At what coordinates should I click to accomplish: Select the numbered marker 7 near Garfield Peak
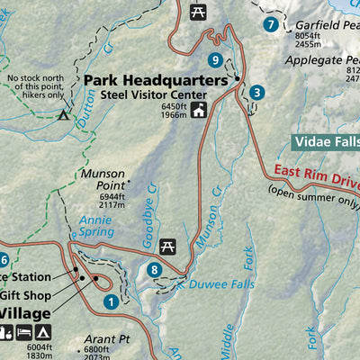click(x=269, y=25)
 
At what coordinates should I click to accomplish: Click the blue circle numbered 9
click(x=214, y=60)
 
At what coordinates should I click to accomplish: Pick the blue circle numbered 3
click(x=257, y=92)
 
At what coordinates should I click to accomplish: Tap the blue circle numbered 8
click(x=155, y=269)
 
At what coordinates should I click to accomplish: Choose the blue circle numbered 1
click(x=110, y=303)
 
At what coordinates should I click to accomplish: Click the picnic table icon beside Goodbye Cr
click(x=167, y=246)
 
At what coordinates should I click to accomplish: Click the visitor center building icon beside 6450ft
click(x=197, y=111)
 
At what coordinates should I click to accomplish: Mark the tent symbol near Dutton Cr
click(x=63, y=114)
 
